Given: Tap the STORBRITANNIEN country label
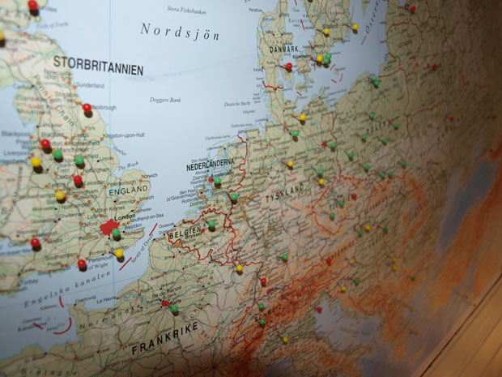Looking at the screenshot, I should tap(98, 65).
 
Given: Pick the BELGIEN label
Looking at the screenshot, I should tap(185, 233).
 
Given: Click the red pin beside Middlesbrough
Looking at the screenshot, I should tap(87, 107).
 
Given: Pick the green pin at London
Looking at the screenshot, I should tap(117, 233).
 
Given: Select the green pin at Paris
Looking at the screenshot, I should tap(174, 309).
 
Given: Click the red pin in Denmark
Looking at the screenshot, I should tap(288, 66).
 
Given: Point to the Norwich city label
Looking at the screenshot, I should tap(150, 175).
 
